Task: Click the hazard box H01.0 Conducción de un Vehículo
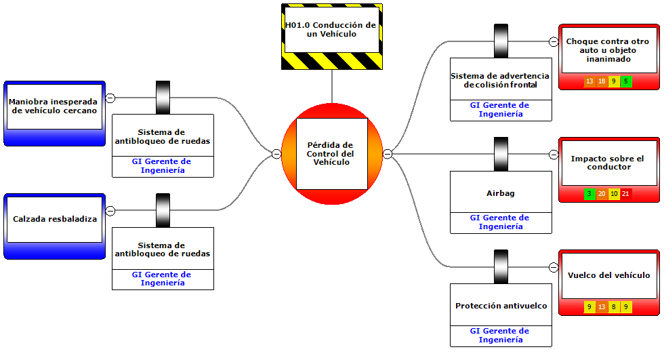331,29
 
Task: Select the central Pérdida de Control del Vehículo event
331,154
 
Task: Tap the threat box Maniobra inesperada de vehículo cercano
53,106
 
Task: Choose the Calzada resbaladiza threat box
55,219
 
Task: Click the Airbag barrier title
501,193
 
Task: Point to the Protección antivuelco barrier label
501,306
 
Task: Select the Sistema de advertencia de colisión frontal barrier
501,80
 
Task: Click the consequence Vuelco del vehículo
608,275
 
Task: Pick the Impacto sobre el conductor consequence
608,163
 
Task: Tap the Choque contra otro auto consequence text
608,50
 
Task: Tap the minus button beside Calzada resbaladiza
110,211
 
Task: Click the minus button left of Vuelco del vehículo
554,267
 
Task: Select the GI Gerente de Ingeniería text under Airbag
501,222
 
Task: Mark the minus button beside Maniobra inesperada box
110,98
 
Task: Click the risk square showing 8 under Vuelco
614,307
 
